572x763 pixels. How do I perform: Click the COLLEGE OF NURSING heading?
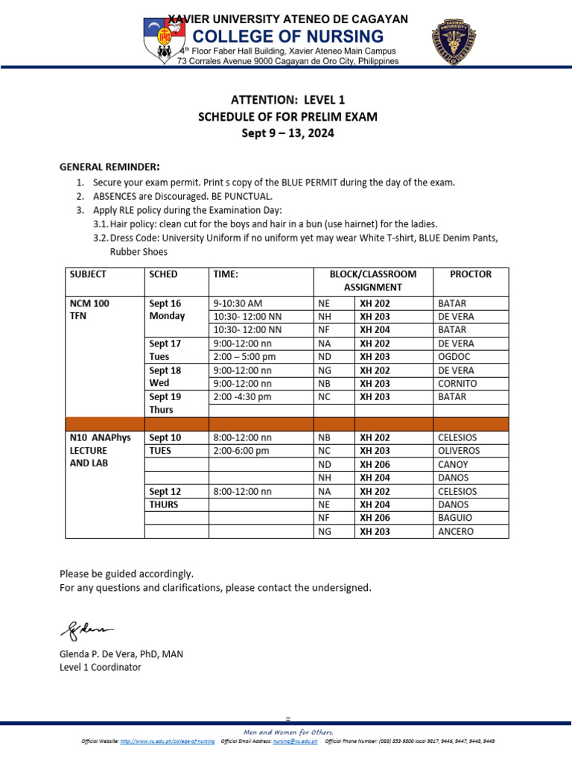coord(289,37)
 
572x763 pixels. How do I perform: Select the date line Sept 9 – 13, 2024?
coord(287,133)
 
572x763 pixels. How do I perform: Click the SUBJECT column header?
coord(88,274)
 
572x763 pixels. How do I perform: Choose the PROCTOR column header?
coord(471,274)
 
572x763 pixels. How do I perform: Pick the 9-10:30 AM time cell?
coord(238,303)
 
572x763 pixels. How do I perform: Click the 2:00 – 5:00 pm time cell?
coord(244,357)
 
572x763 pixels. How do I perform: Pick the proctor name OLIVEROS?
coord(459,451)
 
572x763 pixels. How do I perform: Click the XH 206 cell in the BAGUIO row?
coord(376,519)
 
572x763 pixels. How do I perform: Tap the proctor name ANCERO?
coord(456,532)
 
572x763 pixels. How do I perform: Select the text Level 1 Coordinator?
coord(100,668)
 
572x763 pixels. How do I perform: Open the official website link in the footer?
coord(167,741)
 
